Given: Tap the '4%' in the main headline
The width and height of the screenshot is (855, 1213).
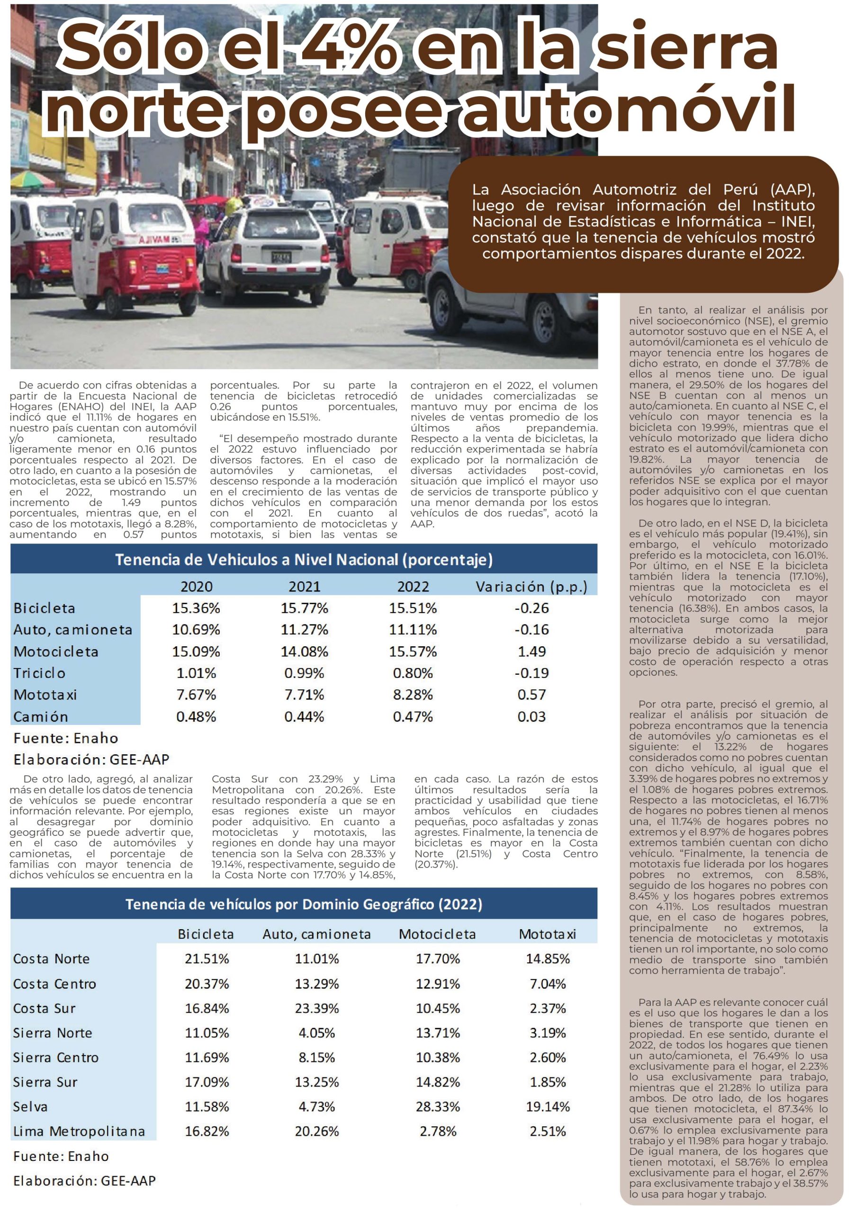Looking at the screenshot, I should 349,49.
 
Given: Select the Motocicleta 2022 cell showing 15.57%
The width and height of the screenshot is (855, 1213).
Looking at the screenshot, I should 413,652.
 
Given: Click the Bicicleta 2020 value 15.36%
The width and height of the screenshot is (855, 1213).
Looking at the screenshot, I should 196,608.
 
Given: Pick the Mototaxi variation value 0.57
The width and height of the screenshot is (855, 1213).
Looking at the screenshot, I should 531,695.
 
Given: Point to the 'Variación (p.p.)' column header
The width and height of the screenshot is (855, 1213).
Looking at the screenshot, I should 531,587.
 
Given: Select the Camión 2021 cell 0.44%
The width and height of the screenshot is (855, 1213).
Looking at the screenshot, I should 304,717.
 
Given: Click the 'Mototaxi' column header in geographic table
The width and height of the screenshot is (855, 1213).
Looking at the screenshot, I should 547,934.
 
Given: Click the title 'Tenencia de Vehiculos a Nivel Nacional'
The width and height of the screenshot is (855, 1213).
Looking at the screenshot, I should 304,560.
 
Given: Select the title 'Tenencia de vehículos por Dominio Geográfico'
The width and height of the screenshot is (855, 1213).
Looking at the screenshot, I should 304,905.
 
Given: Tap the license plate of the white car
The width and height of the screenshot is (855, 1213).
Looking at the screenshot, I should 281,258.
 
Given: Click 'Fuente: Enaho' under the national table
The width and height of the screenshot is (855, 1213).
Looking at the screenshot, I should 65,738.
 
